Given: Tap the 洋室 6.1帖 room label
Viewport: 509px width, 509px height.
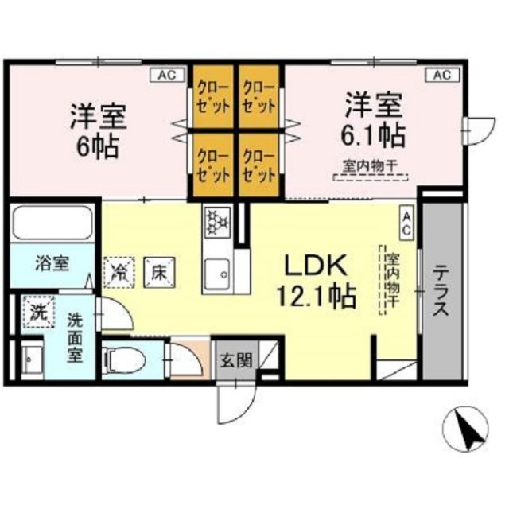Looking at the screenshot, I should [375, 119].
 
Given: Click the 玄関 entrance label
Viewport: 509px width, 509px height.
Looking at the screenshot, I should [235, 359].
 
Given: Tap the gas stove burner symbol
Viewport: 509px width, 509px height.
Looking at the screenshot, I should [216, 222].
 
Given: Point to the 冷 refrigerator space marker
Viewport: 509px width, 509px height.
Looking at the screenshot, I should [119, 270].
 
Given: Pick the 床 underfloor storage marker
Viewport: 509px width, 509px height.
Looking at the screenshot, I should [159, 270].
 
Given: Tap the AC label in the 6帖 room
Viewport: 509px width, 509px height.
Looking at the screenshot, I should [166, 75].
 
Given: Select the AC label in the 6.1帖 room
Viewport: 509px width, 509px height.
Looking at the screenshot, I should [441, 75].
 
